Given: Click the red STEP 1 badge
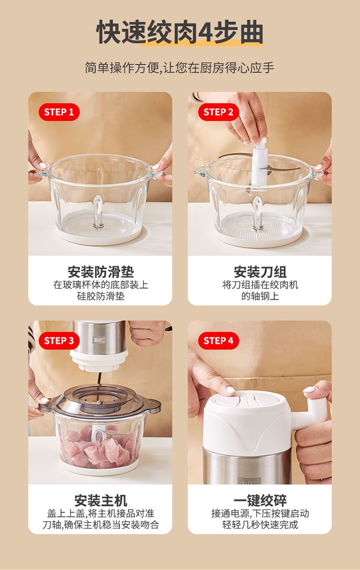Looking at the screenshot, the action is click(x=59, y=112).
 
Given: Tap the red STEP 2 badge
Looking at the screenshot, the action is click(x=218, y=112).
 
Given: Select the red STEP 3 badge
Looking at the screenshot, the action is click(x=59, y=341).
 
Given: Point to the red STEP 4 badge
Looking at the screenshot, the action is click(x=218, y=341).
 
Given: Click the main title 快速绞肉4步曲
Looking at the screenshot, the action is click(x=180, y=32).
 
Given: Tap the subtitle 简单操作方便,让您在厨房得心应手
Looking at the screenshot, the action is click(x=180, y=68).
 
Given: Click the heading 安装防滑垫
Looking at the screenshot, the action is click(x=101, y=272).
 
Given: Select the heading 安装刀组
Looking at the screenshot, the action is click(x=260, y=272).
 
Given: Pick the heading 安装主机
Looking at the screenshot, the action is click(x=101, y=500).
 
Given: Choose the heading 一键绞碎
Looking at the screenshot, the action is click(x=260, y=500).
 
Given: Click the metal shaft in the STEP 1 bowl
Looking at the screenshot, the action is click(x=98, y=212).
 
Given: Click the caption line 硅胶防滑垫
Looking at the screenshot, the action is click(x=101, y=296).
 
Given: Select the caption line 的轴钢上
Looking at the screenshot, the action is click(x=260, y=296).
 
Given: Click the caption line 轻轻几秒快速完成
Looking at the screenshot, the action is click(x=260, y=524).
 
